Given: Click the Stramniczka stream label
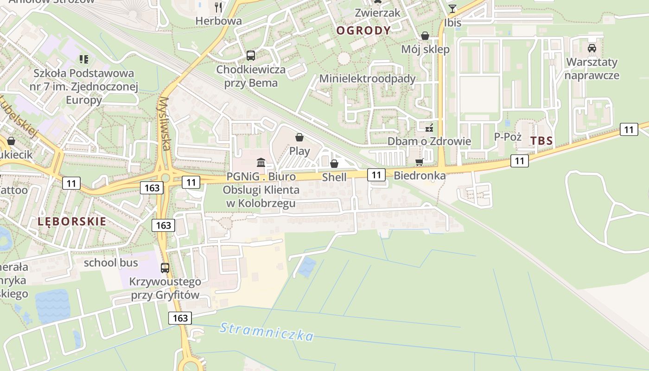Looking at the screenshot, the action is click(267, 332).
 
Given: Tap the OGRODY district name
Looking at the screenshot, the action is click(363, 31).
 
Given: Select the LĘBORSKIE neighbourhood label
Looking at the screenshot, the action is click(72, 221).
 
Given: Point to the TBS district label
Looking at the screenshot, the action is click(542, 141).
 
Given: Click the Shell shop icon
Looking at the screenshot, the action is click(334, 164).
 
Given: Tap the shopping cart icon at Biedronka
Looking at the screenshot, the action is click(420, 162).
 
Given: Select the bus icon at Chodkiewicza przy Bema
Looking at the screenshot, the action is click(251, 56).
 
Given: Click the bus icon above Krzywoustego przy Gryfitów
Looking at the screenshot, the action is click(165, 268).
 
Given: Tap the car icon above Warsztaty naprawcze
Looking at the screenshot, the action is click(592, 48).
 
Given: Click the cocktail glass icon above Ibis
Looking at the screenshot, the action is click(452, 8).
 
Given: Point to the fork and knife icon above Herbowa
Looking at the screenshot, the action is click(219, 7).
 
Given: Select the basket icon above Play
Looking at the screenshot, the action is click(299, 137).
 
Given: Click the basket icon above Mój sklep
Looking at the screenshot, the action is click(425, 36).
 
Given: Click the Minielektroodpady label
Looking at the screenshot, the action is click(367, 78).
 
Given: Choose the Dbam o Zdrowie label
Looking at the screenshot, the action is click(429, 141).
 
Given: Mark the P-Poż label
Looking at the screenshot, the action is click(508, 137).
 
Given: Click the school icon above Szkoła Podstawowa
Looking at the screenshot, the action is click(84, 59).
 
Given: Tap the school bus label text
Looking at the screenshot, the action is click(111, 262).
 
